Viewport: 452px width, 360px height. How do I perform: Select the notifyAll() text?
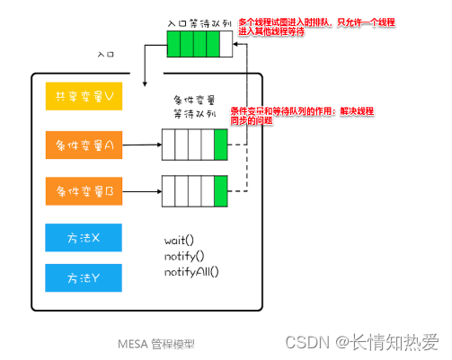pos(191,271)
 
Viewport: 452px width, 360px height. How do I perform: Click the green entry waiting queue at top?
pos(193,43)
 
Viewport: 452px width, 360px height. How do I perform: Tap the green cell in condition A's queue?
pos(221,143)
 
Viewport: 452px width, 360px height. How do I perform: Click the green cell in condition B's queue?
pos(221,190)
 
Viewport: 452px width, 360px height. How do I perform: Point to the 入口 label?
pos(106,54)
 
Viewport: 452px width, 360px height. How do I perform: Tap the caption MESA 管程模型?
pos(155,343)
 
